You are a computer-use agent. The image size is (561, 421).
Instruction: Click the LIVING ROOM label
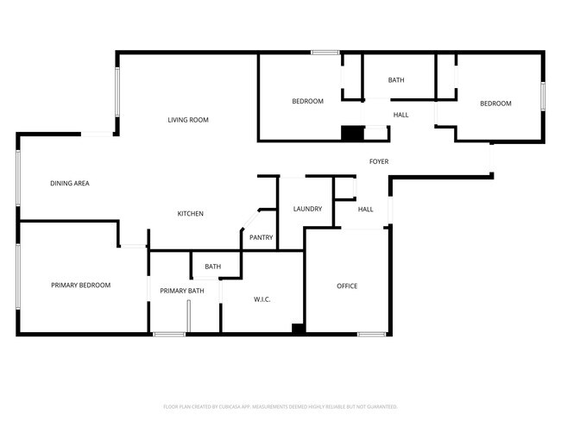[188, 120]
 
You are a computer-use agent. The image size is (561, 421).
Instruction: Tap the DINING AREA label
[70, 183]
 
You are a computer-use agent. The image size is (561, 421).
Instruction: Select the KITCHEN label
[191, 213]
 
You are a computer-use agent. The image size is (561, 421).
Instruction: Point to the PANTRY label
[261, 237]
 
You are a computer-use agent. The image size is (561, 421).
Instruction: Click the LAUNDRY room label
[307, 209]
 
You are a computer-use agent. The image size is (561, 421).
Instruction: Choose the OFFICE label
[347, 286]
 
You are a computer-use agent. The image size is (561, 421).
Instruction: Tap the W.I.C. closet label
[262, 299]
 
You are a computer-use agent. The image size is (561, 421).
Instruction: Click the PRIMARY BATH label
[182, 291]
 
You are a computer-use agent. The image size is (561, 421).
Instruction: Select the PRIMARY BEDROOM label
[80, 285]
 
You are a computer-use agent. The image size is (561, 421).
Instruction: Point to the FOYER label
[379, 161]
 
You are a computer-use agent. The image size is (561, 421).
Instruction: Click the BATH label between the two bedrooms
[395, 80]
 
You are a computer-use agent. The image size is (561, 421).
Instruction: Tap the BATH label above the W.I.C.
[212, 267]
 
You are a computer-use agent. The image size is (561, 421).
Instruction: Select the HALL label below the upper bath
[401, 115]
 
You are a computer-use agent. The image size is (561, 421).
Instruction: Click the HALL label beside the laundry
[366, 209]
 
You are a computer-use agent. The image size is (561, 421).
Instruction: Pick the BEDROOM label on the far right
[495, 104]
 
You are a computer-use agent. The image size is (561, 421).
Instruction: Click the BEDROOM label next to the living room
[307, 102]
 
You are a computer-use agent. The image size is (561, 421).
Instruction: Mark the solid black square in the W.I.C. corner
[298, 328]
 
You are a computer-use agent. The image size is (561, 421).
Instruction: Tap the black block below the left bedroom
[352, 134]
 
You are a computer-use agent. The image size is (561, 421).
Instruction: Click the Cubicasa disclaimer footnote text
[280, 405]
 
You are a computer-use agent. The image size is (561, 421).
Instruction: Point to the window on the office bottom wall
[372, 334]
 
